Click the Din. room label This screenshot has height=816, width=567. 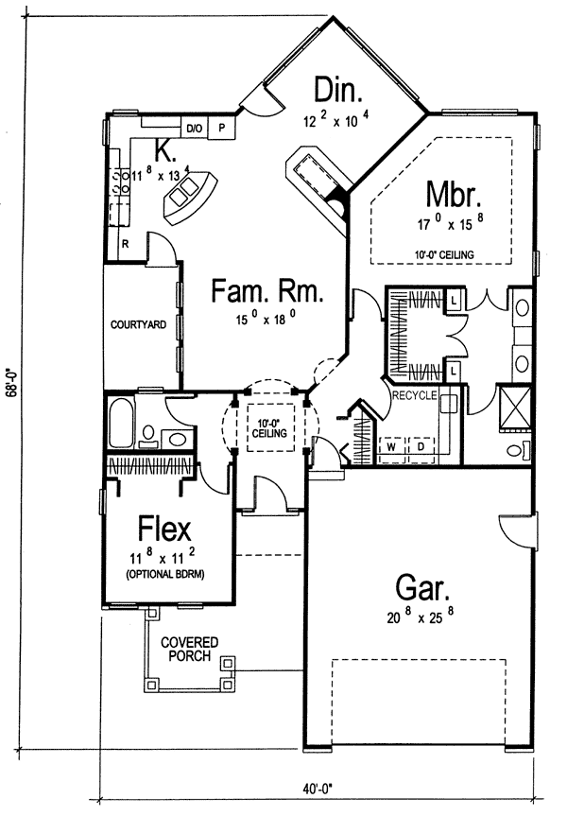click(x=338, y=90)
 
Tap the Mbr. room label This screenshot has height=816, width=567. click(x=453, y=194)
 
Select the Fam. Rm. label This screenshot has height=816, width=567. click(x=267, y=290)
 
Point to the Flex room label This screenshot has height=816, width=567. click(x=164, y=529)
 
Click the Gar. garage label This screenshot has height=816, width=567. click(x=422, y=587)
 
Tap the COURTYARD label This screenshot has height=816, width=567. click(x=138, y=324)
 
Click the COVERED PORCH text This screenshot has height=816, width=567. click(x=189, y=649)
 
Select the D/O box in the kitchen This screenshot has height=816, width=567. click(x=195, y=128)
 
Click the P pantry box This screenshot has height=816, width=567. click(x=222, y=128)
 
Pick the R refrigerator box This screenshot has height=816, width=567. click(x=126, y=243)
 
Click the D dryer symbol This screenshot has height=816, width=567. click(x=421, y=446)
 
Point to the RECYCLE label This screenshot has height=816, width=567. click(x=415, y=395)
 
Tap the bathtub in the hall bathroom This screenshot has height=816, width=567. click(x=121, y=423)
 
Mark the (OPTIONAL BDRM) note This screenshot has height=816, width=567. click(x=164, y=575)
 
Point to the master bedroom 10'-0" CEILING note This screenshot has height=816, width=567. click(x=444, y=255)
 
